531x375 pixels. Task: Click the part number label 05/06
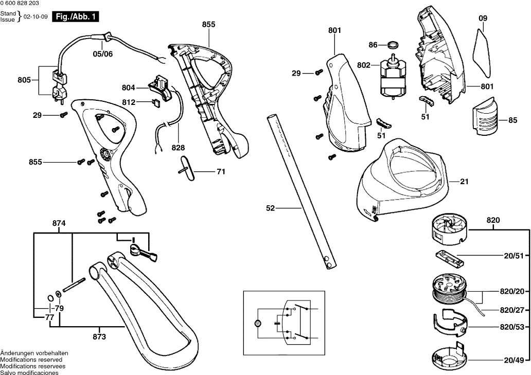tap(102, 53)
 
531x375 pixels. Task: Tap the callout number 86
tap(373, 45)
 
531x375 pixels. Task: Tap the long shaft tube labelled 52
tap(298, 190)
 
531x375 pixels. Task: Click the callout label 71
tap(221, 172)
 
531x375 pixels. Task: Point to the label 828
tap(179, 147)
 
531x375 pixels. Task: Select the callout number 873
tap(99, 337)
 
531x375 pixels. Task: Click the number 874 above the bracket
tap(59, 224)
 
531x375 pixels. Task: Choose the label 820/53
tap(512, 327)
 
